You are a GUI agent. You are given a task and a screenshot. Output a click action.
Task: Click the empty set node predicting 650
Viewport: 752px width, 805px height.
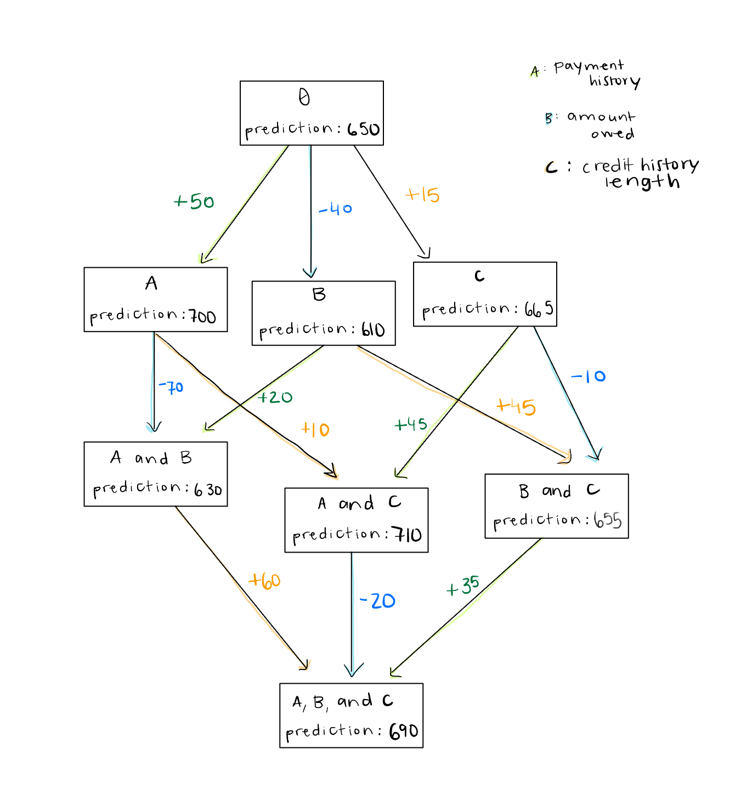point(312,113)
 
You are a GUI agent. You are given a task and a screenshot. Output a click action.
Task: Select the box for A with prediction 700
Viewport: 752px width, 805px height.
point(155,300)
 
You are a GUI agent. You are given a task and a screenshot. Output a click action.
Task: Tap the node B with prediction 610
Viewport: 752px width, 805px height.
point(323,313)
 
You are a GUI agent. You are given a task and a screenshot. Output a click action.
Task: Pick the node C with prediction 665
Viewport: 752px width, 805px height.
point(485,294)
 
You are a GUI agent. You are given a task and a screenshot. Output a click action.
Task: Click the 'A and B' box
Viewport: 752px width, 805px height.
point(155,474)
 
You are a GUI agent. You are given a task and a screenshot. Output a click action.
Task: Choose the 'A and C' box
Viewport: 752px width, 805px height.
point(356,520)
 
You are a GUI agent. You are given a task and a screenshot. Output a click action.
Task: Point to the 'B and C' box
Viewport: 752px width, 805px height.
point(556,506)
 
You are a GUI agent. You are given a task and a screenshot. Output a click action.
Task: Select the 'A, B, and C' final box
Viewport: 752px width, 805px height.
point(351,716)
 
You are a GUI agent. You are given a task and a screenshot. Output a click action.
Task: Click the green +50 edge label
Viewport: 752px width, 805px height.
point(194,202)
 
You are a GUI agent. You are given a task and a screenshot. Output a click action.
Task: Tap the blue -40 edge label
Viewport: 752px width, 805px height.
point(335,209)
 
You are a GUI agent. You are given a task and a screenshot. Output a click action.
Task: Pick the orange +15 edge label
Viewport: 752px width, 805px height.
point(422,195)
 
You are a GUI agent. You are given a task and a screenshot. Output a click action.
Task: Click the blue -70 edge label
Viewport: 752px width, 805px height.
point(171,387)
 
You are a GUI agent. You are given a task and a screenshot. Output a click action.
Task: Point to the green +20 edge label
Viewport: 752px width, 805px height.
point(275,397)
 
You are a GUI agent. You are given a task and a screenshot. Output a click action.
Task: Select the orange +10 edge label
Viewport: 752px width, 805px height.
point(315,430)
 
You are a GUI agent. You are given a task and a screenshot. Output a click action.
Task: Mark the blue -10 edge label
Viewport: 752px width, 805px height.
point(588,376)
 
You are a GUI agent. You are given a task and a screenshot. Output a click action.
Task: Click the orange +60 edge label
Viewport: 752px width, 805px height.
point(265,581)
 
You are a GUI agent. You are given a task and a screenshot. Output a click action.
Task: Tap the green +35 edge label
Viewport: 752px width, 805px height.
point(463,587)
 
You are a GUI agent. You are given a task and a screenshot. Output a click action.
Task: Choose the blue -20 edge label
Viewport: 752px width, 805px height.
point(377,601)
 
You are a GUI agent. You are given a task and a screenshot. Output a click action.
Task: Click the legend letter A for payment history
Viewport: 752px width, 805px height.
point(535,71)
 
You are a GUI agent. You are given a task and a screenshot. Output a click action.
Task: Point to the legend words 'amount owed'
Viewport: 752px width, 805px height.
point(602,125)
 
